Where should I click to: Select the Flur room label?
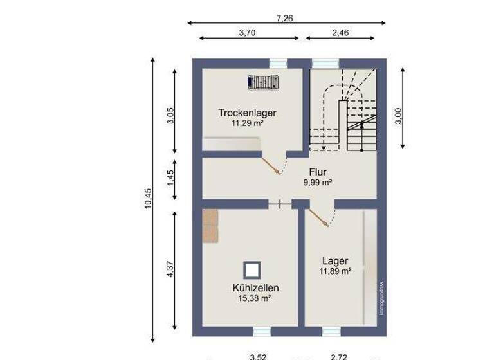point(318,172)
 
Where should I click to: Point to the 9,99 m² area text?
point(318,182)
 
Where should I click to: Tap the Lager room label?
point(335,261)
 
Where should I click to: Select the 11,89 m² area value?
point(335,271)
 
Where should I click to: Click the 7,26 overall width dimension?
point(284,19)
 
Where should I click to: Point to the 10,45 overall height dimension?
point(148,199)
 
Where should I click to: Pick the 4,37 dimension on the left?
point(170,269)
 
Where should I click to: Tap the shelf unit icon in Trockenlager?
point(263,82)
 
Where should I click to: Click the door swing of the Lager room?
point(320,217)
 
